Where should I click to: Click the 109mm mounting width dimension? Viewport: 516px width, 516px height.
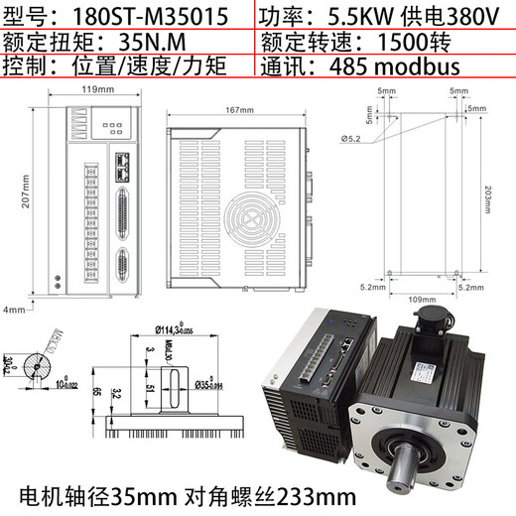coord(423,298)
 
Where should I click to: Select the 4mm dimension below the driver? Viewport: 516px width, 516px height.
coord(13,311)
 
